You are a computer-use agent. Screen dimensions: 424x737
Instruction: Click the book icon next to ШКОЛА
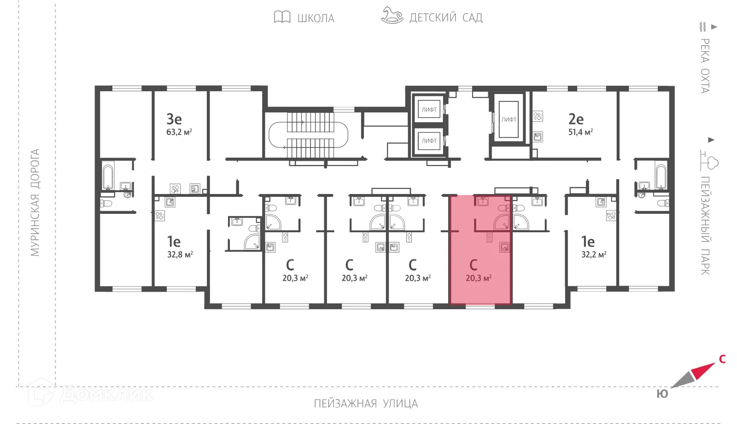pyautogui.click(x=282, y=17)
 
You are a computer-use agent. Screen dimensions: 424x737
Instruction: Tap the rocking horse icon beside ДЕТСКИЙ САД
pyautogui.click(x=392, y=15)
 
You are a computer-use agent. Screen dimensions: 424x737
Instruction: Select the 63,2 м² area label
pyautogui.click(x=179, y=132)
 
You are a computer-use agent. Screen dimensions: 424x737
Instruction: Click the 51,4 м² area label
pyautogui.click(x=580, y=132)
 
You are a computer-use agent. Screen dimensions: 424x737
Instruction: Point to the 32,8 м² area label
pyautogui.click(x=180, y=254)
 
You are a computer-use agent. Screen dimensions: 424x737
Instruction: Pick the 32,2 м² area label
pyautogui.click(x=594, y=254)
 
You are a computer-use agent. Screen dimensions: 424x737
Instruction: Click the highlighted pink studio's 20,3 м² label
pyautogui.click(x=479, y=278)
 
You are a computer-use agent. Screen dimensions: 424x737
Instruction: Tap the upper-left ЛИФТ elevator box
pyautogui.click(x=429, y=110)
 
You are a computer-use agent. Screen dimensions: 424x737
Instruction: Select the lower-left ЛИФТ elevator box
pyautogui.click(x=429, y=141)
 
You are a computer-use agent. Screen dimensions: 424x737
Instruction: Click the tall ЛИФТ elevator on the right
pyautogui.click(x=509, y=119)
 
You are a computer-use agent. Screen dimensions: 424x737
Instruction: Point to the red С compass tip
pyautogui.click(x=705, y=369)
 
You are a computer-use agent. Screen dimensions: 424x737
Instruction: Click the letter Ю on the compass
pyautogui.click(x=662, y=394)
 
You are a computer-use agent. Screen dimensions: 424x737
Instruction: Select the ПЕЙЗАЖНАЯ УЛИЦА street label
pyautogui.click(x=366, y=404)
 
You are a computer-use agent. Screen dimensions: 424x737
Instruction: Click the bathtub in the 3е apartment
pyautogui.click(x=108, y=177)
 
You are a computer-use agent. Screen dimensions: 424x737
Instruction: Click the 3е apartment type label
pyautogui.click(x=174, y=119)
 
